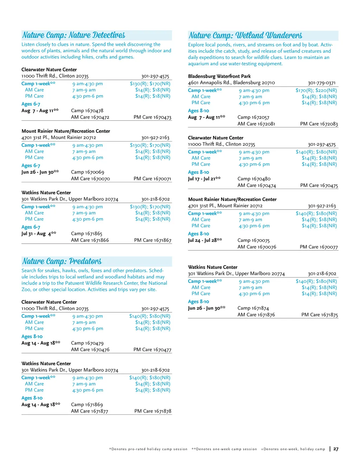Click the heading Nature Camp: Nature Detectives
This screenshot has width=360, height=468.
[74, 35]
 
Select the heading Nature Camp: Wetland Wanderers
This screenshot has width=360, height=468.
[245, 36]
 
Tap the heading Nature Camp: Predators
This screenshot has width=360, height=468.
[62, 261]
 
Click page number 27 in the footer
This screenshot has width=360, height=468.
[336, 449]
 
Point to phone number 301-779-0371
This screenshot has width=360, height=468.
[322, 83]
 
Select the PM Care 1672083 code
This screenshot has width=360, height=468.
[319, 124]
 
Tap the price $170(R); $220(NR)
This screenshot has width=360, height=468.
[316, 90]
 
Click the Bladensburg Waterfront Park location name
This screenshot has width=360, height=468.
[219, 76]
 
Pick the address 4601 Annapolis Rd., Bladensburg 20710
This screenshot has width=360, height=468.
[231, 83]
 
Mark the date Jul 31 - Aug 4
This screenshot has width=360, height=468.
[39, 234]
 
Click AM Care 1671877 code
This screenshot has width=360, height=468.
[90, 411]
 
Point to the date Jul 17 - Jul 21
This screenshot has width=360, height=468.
[204, 179]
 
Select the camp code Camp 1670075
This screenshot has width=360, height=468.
[253, 240]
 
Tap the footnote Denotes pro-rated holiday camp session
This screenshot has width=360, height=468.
[149, 449]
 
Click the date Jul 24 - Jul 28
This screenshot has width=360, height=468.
[205, 240]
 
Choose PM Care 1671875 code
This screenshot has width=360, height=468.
[320, 315]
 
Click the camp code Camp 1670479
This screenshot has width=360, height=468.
[87, 343]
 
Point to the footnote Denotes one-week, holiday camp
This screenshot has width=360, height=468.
[293, 449]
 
